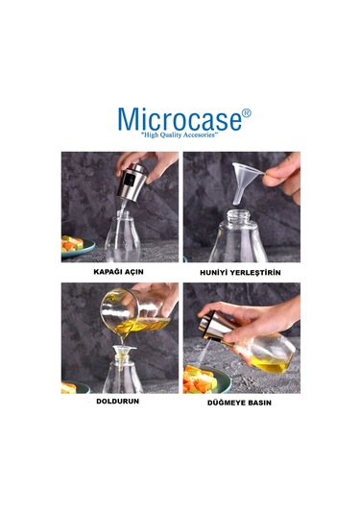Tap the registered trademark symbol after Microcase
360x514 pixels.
pyautogui.click(x=247, y=112)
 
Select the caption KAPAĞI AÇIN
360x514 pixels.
pyautogui.click(x=118, y=272)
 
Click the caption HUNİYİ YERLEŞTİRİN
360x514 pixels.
pyautogui.click(x=240, y=272)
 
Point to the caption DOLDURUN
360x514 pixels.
pyautogui.click(x=118, y=403)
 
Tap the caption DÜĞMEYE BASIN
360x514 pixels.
pyautogui.click(x=240, y=403)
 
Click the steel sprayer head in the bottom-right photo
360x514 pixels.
pyautogui.click(x=214, y=323)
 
